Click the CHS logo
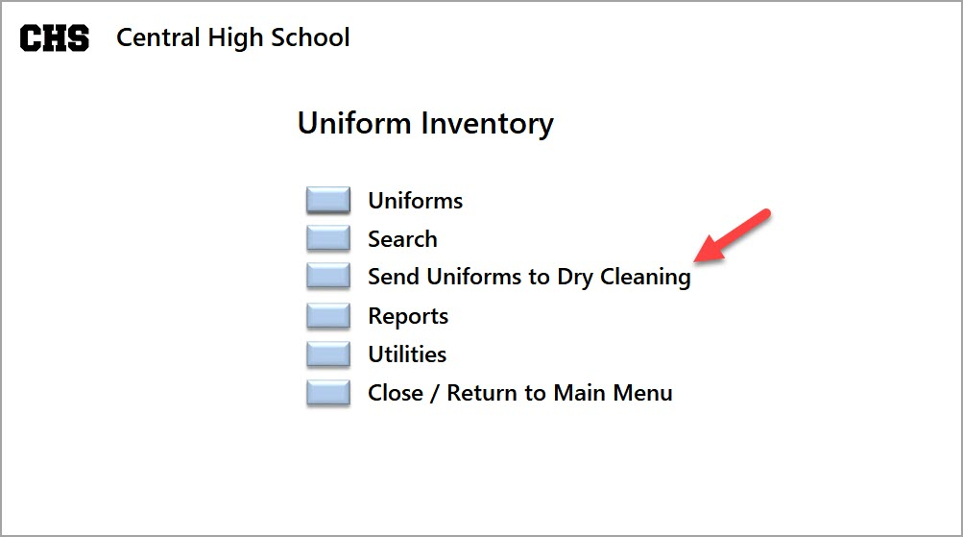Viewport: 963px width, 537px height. (55, 38)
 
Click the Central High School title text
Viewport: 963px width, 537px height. (233, 38)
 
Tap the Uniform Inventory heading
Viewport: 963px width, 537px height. (425, 124)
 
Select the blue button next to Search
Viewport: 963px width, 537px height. (328, 238)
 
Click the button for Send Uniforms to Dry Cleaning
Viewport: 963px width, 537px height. (328, 276)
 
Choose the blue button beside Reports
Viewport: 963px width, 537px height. (328, 315)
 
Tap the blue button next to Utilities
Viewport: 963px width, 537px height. (328, 354)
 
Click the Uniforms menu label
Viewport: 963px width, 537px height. (415, 201)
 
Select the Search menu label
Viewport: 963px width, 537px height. (403, 239)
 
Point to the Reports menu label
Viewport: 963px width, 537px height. (408, 316)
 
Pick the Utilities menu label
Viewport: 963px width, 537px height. (407, 354)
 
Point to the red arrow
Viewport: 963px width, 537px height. (732, 236)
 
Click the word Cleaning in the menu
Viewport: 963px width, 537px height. (645, 278)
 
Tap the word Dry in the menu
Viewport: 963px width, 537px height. (575, 278)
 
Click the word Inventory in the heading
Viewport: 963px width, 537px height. (488, 124)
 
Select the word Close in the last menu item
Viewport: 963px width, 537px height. (396, 393)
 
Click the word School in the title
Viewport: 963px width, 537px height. (311, 37)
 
